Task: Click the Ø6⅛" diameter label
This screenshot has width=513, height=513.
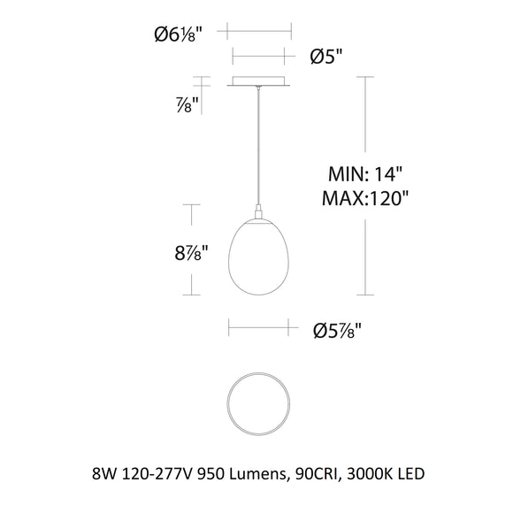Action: (178, 34)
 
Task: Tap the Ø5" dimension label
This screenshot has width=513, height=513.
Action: (325, 57)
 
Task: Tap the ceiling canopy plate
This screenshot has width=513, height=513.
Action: (260, 83)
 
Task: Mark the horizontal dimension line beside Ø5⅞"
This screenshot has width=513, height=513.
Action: (260, 331)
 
